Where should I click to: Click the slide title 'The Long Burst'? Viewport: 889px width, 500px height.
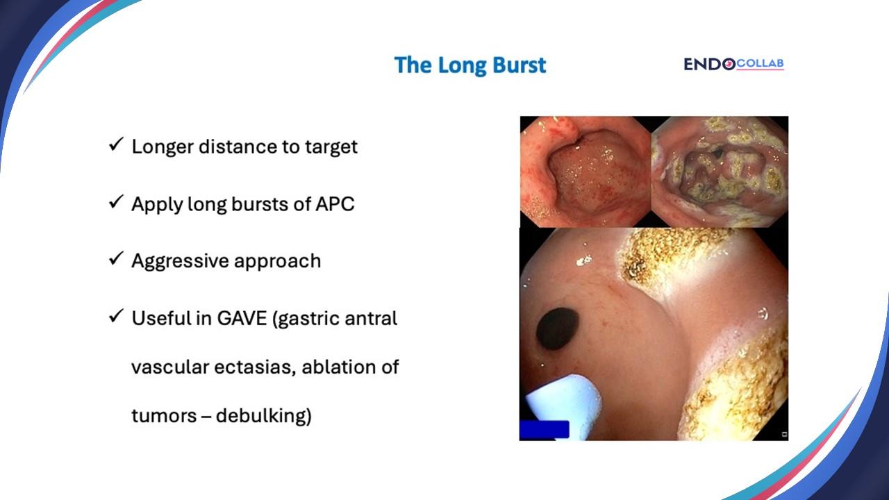[x=470, y=65]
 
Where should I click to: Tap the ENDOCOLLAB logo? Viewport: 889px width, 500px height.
[x=733, y=64]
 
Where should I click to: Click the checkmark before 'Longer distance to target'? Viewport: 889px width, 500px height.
[x=116, y=146]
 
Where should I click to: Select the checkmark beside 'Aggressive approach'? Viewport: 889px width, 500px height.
[x=116, y=260]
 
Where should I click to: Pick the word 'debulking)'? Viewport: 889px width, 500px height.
[x=263, y=416]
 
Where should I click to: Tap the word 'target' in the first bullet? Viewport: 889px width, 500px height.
[x=333, y=147]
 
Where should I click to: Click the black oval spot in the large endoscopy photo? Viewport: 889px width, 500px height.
[x=558, y=328]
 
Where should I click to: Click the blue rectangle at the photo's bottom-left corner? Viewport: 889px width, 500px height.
[x=545, y=430]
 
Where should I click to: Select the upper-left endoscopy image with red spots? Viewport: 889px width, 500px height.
[x=585, y=172]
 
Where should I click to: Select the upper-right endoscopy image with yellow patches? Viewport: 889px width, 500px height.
[x=720, y=172]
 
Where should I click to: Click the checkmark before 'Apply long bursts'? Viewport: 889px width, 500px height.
[x=116, y=203]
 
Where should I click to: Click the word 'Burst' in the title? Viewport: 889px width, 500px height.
[x=517, y=65]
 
